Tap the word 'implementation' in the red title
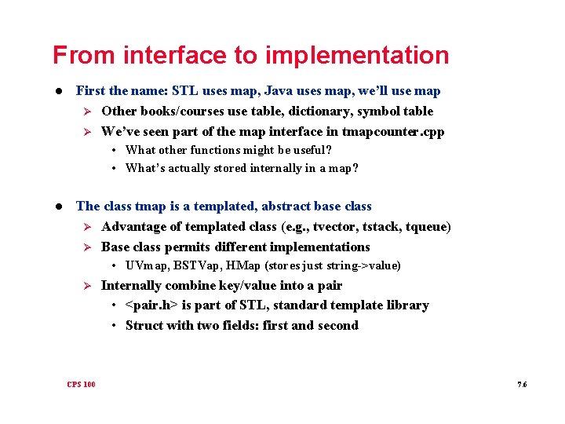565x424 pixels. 357,56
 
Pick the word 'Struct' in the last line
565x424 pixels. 144,325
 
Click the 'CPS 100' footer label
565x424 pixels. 82,384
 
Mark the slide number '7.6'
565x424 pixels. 522,384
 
